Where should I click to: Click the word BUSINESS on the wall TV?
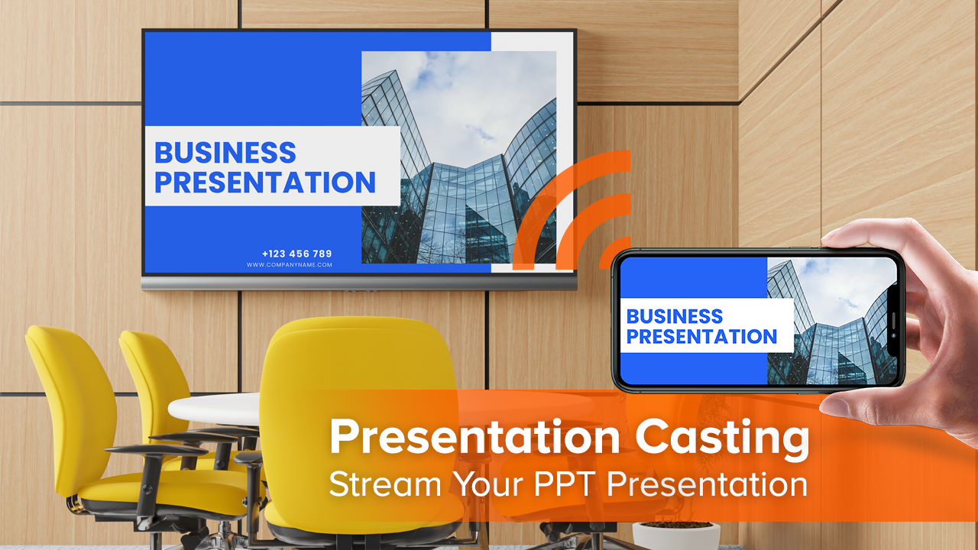tap(225, 153)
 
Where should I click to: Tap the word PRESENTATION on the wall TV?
tap(265, 182)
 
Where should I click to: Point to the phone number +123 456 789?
tap(297, 254)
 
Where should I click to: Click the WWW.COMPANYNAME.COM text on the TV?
tap(290, 264)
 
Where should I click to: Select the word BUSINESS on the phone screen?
tap(675, 316)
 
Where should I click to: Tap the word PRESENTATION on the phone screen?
tap(701, 337)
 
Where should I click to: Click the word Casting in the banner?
tap(722, 438)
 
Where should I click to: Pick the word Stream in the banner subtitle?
tap(386, 484)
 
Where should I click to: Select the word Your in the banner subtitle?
tap(488, 484)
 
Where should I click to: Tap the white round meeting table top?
tap(215, 409)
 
